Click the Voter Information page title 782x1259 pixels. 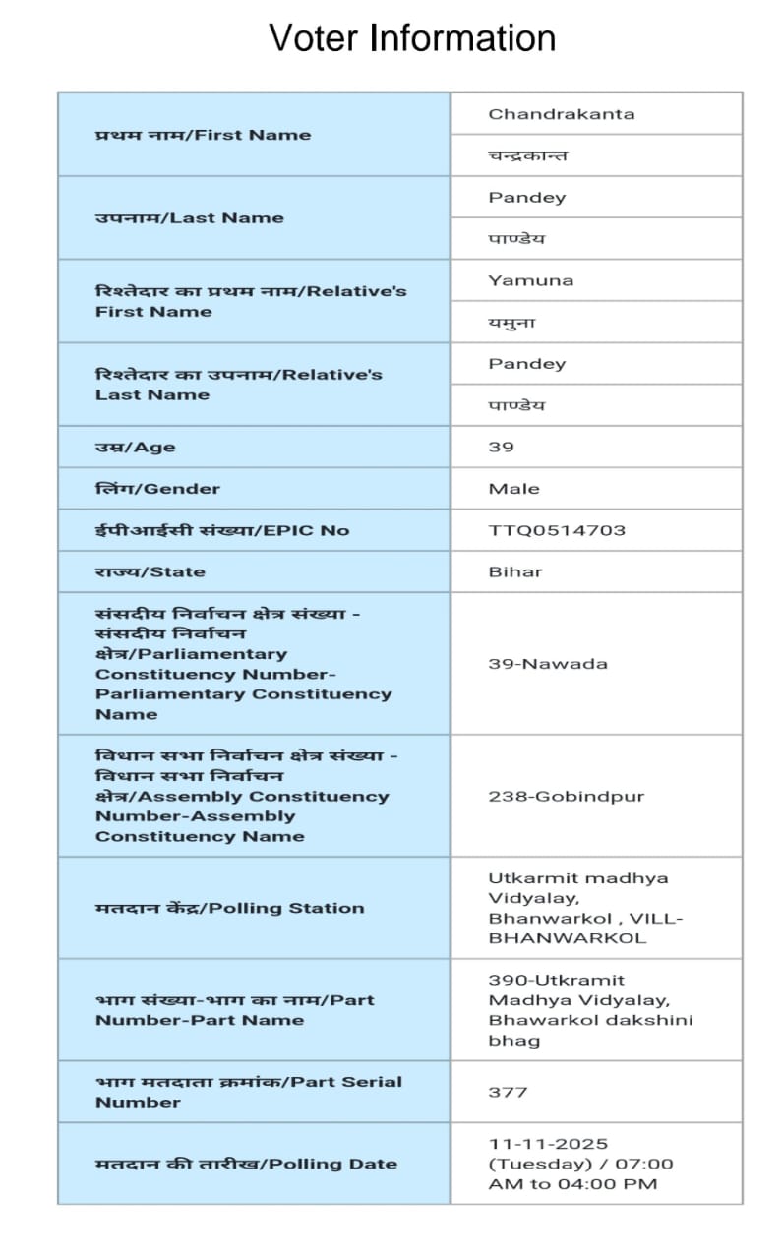[412, 38]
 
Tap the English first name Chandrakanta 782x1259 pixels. [561, 114]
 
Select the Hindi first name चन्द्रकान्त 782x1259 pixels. [527, 155]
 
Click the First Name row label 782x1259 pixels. [203, 135]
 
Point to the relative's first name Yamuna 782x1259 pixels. [530, 280]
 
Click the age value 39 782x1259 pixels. [501, 447]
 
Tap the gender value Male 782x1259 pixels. [513, 489]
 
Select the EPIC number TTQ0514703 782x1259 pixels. [556, 530]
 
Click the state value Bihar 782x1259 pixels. [514, 571]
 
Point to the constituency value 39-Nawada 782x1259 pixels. [548, 663]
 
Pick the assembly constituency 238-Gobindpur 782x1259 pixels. [566, 796]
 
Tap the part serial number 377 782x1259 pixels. [508, 1092]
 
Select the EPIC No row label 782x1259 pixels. [221, 530]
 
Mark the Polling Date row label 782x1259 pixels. [246, 1164]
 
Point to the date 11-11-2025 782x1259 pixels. [548, 1144]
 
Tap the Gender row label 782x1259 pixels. [157, 489]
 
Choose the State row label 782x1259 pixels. [150, 571]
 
